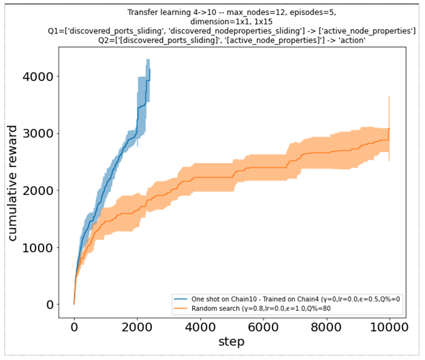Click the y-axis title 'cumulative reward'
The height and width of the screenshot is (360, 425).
14,179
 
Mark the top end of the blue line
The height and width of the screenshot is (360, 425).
149,68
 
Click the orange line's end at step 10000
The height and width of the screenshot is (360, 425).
388,129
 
